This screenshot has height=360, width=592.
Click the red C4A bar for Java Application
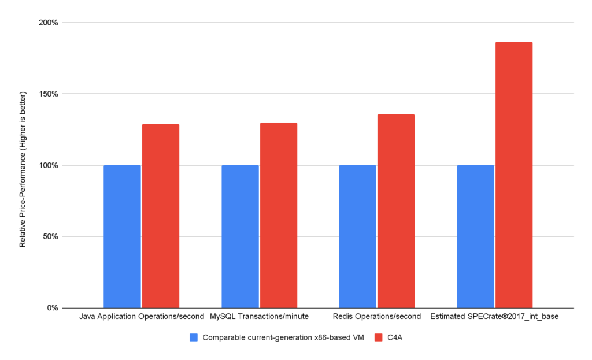(x=161, y=216)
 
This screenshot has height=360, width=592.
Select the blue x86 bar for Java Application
(x=122, y=236)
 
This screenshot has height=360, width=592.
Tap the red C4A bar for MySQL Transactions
(x=279, y=215)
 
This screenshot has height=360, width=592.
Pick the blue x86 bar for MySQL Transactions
(x=240, y=236)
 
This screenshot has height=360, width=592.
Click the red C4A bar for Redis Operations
(x=396, y=211)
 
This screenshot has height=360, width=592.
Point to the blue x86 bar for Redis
(x=357, y=236)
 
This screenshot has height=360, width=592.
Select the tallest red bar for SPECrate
(x=514, y=175)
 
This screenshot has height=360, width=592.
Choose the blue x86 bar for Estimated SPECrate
(x=475, y=236)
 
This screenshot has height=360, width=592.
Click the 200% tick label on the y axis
(x=49, y=23)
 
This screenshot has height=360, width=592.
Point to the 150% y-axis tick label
(x=49, y=94)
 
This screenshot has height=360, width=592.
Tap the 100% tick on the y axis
(x=49, y=165)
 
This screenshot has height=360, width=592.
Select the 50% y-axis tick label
(x=50, y=236)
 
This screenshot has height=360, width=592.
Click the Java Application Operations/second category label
(x=141, y=317)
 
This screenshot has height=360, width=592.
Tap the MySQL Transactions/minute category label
(x=259, y=317)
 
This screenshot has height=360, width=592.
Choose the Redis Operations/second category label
(x=377, y=317)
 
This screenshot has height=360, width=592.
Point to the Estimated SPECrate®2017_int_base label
(x=494, y=317)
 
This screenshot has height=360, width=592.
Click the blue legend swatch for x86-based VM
(x=194, y=337)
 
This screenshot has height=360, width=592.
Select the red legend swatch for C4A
(x=379, y=337)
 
